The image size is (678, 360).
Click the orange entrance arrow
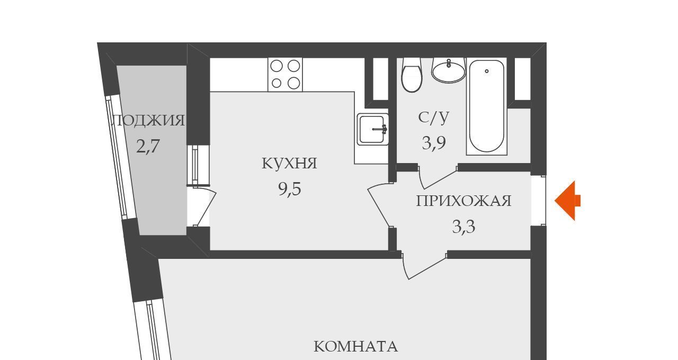[x=567, y=201]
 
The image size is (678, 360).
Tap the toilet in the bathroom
[x=412, y=75]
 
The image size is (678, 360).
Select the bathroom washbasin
[x=449, y=70]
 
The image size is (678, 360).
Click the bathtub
[x=487, y=106]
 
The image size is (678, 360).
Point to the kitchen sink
[x=372, y=129]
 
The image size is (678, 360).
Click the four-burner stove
[x=285, y=75]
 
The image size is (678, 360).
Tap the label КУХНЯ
[x=289, y=164]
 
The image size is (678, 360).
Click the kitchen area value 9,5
[x=290, y=190]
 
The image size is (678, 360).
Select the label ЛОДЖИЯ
[x=148, y=120]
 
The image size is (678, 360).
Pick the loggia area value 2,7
[x=148, y=147]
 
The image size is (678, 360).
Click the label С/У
[x=434, y=118]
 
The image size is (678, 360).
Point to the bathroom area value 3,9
[x=434, y=143]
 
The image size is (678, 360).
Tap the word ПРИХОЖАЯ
[x=463, y=201]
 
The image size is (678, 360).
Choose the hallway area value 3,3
[x=463, y=227]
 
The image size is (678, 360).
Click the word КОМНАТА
[x=355, y=347]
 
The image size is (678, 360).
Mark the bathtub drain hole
[x=487, y=71]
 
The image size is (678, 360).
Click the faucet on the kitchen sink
[x=380, y=129]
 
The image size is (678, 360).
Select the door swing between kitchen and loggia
[x=204, y=207]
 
